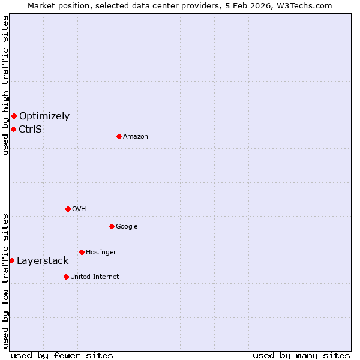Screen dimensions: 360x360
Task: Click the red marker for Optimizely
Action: click(x=14, y=116)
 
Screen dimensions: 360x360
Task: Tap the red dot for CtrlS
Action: click(x=13, y=129)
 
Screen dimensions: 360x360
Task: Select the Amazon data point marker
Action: click(x=119, y=136)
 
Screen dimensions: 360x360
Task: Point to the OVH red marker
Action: click(x=68, y=209)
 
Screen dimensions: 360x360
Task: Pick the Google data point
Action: click(x=112, y=226)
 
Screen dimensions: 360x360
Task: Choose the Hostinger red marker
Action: click(x=82, y=252)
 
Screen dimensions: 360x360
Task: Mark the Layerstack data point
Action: click(x=11, y=260)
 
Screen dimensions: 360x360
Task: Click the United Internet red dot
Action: click(x=66, y=277)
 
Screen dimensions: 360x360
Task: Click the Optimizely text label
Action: click(x=44, y=116)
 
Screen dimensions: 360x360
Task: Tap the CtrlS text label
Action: click(x=31, y=129)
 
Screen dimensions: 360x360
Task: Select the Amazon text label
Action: click(x=136, y=137)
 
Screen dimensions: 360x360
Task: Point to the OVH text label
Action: click(x=79, y=209)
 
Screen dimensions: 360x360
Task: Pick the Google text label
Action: click(x=127, y=227)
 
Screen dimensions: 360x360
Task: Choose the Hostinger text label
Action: click(x=101, y=253)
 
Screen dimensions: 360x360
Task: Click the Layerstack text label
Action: click(x=43, y=261)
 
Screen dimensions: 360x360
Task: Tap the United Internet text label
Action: click(x=95, y=277)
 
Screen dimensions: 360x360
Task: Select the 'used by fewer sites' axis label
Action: click(x=62, y=355)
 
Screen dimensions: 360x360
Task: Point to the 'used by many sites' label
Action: click(x=301, y=355)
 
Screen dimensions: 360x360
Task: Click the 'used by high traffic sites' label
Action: click(x=5, y=85)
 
